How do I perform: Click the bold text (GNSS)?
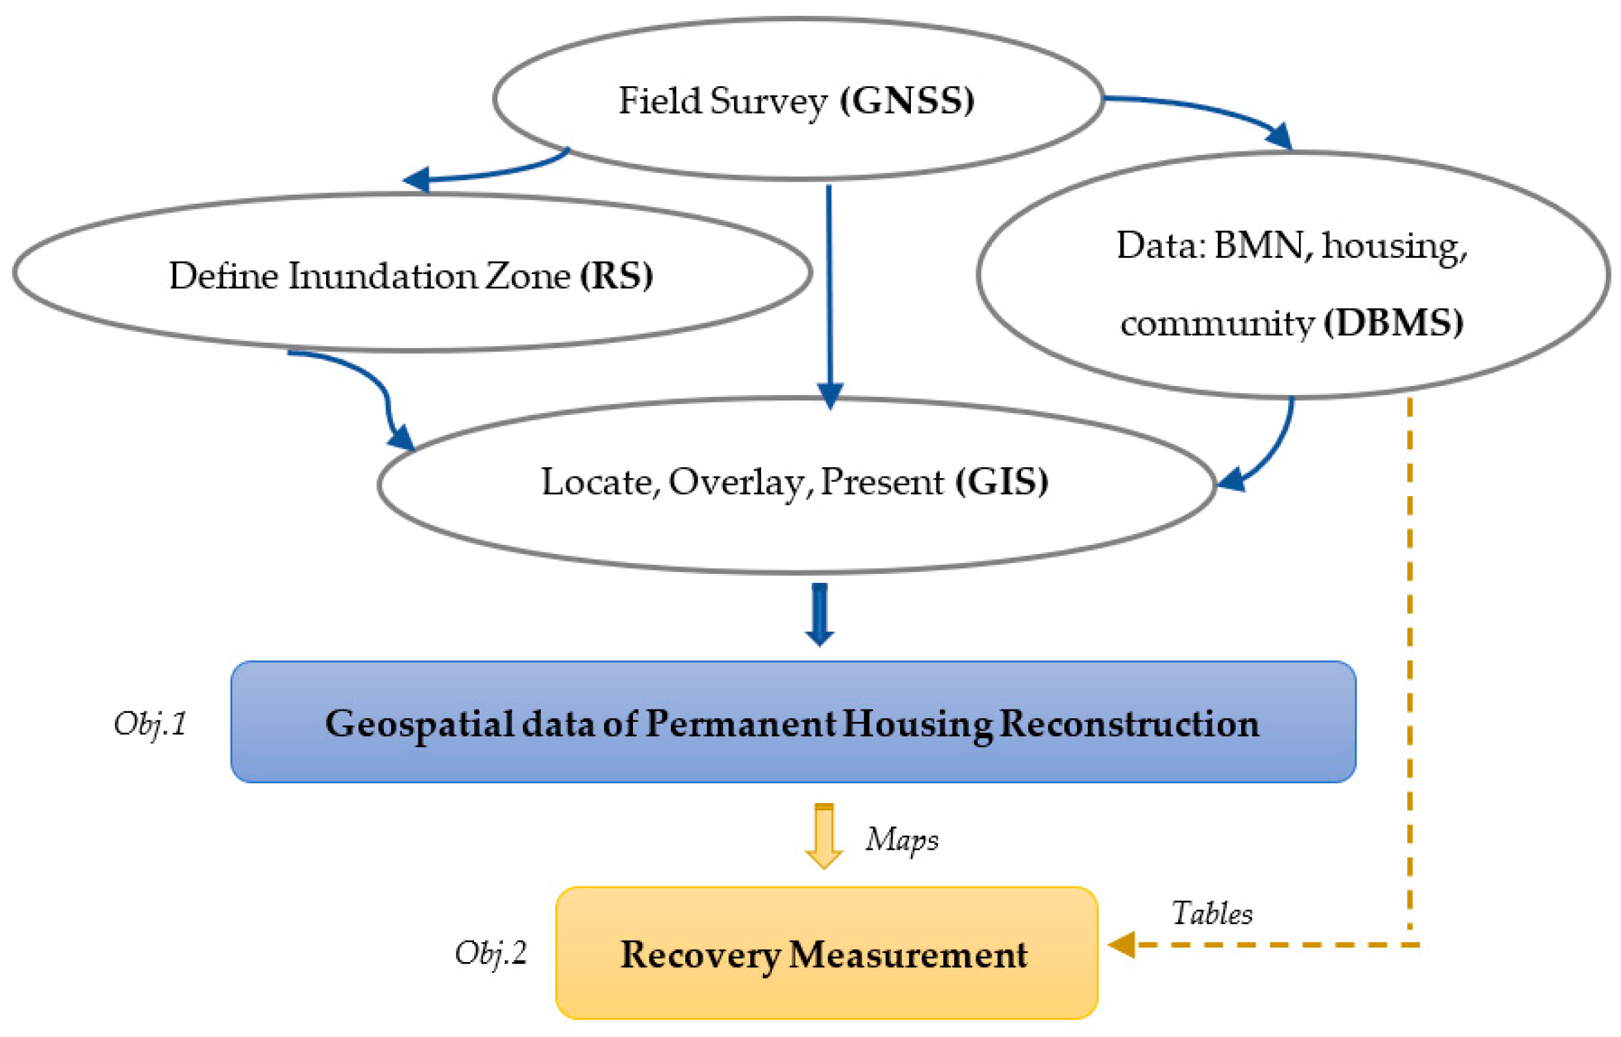(x=906, y=101)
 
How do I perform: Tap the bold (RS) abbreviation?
(x=616, y=276)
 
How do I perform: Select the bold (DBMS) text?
(x=1393, y=323)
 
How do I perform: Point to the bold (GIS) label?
(x=1001, y=481)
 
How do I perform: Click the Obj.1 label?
(x=150, y=724)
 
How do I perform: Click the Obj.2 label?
(x=491, y=953)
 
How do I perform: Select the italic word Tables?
(x=1211, y=914)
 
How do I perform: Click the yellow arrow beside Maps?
(x=824, y=835)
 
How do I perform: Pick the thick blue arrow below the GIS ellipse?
(x=819, y=614)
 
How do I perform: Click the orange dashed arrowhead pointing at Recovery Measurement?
(x=1122, y=944)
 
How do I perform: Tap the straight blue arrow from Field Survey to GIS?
(x=829, y=289)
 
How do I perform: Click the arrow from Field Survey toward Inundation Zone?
(x=482, y=173)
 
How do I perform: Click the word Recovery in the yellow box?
(x=700, y=955)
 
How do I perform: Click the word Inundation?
(x=382, y=276)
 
